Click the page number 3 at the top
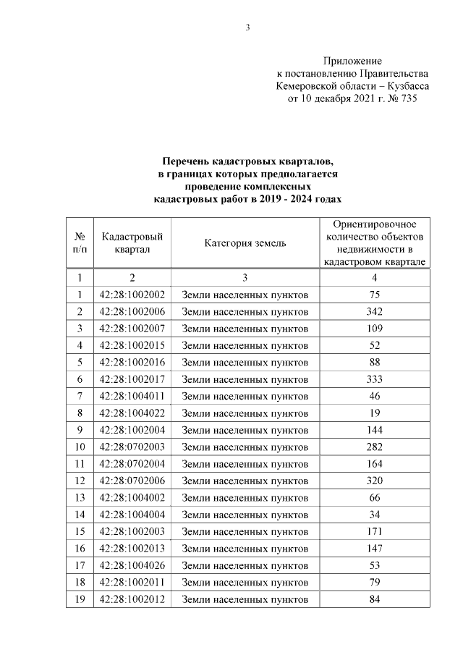click(247, 28)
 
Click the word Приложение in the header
click(352, 62)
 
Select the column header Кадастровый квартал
click(132, 243)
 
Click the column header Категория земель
click(245, 243)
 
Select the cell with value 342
click(374, 311)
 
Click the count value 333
click(374, 379)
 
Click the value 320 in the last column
click(374, 480)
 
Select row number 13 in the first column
click(80, 497)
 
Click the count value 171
click(374, 531)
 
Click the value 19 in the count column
click(374, 413)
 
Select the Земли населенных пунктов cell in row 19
click(245, 599)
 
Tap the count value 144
click(374, 429)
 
